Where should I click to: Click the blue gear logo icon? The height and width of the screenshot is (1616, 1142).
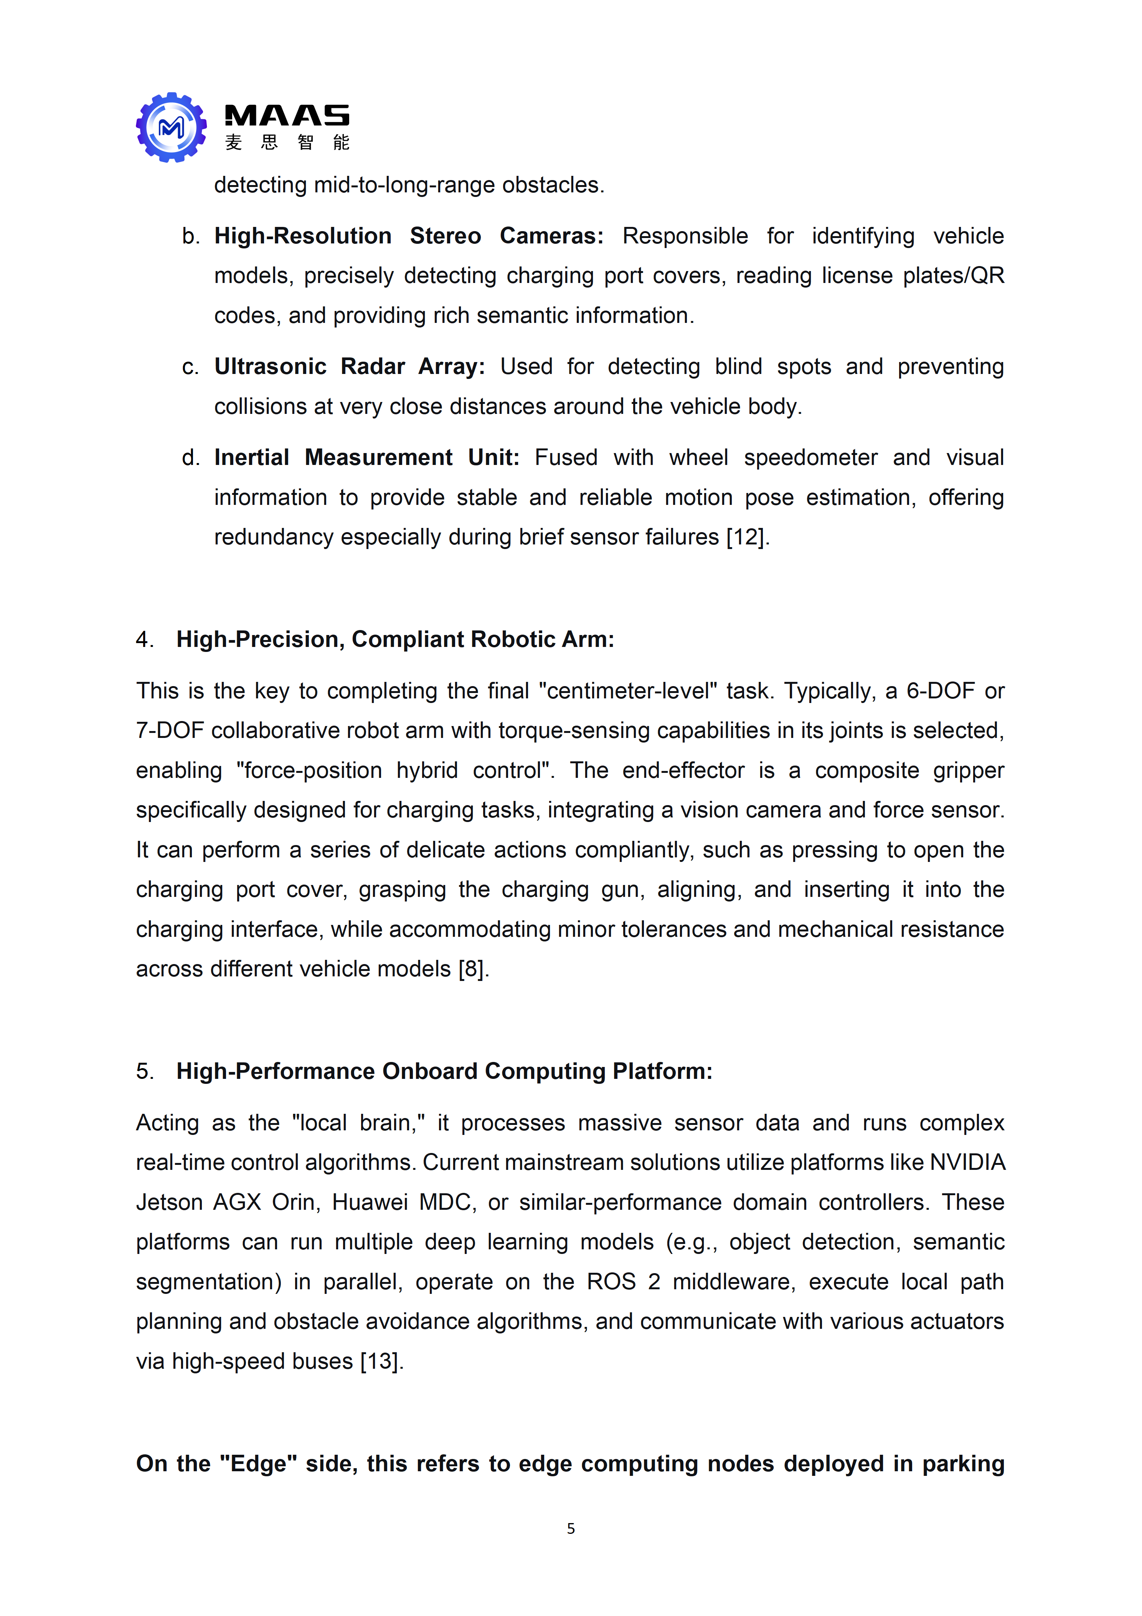coord(171,127)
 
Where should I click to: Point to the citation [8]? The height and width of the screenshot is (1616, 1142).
coord(472,969)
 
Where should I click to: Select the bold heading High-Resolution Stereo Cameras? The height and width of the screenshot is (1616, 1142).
coord(408,236)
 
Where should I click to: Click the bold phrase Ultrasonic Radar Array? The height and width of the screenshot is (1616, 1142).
coord(349,367)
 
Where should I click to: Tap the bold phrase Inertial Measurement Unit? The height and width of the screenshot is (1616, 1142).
coord(366,458)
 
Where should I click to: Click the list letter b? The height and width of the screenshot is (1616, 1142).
coord(190,236)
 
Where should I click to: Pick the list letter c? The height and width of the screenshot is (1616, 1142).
coord(190,367)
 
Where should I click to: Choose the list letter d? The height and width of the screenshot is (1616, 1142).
coord(190,458)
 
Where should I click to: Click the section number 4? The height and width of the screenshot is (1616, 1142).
coord(144,639)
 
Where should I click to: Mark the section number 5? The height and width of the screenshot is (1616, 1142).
coord(144,1071)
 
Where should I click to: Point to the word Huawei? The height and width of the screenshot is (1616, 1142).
coord(370,1202)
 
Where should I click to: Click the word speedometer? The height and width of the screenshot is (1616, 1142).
coord(810,458)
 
